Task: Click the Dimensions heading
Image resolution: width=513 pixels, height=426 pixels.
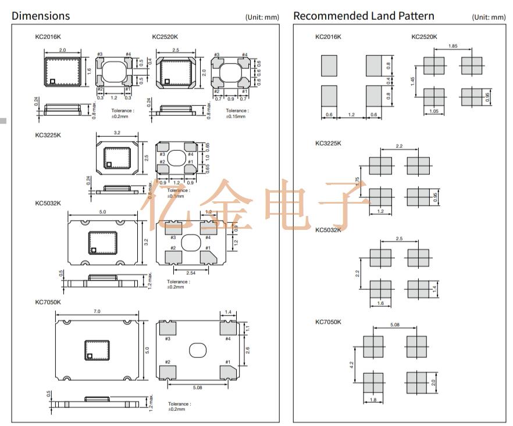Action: [x=41, y=16]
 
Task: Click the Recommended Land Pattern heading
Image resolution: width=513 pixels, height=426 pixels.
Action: [x=364, y=16]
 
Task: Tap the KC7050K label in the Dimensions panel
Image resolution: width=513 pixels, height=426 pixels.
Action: [x=48, y=302]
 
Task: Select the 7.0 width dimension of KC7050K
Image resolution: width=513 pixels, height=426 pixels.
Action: [x=97, y=312]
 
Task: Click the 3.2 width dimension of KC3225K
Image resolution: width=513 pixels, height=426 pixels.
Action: [x=117, y=133]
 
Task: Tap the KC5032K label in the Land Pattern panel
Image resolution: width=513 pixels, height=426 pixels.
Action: [x=329, y=230]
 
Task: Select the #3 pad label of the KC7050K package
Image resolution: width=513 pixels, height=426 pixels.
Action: [x=168, y=338]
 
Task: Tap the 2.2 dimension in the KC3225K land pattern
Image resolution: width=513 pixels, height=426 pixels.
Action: [x=399, y=147]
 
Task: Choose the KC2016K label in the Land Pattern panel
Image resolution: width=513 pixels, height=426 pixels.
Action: [x=329, y=37]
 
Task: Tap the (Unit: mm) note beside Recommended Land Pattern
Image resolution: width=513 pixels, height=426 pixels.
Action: [x=489, y=17]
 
